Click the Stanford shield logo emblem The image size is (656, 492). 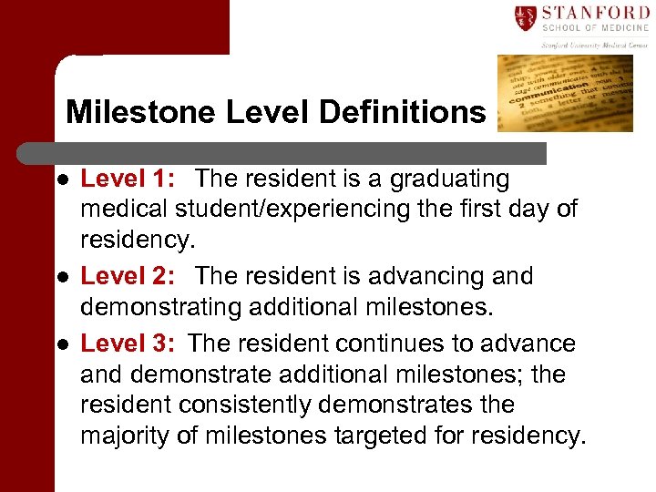click(525, 17)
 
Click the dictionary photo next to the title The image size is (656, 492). click(564, 93)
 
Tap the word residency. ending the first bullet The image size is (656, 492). click(137, 240)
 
